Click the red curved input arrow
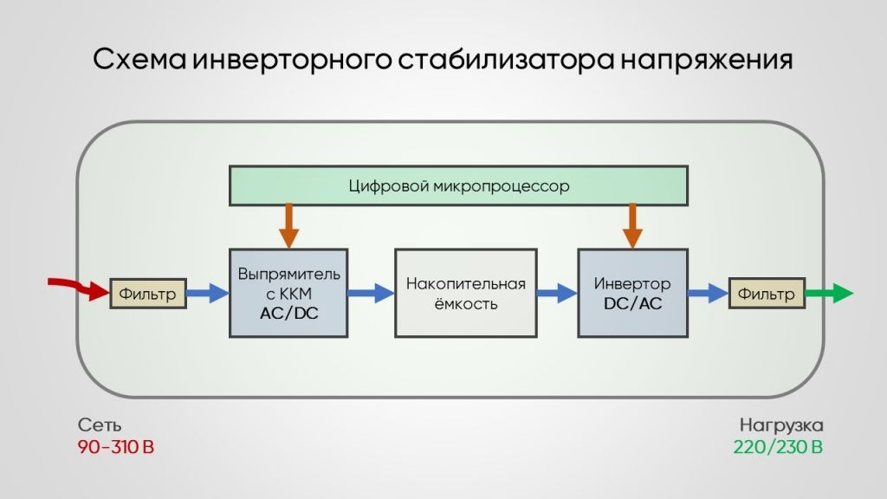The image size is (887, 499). pyautogui.click(x=79, y=287)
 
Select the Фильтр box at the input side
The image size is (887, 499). pyautogui.click(x=147, y=293)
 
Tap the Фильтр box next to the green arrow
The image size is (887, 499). pyautogui.click(x=767, y=293)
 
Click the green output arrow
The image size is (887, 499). pyautogui.click(x=829, y=293)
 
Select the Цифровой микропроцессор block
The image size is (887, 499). pyautogui.click(x=458, y=185)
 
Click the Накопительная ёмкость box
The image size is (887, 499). pyautogui.click(x=465, y=293)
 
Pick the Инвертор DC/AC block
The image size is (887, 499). pyautogui.click(x=632, y=293)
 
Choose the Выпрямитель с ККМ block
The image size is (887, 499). pyautogui.click(x=288, y=293)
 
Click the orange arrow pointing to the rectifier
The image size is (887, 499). pyautogui.click(x=289, y=226)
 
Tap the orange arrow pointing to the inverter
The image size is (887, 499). pyautogui.click(x=632, y=226)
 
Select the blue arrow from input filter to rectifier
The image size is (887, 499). pyautogui.click(x=208, y=293)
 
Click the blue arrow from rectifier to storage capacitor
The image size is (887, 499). pyautogui.click(x=371, y=293)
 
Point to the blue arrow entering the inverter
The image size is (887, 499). pyautogui.click(x=557, y=293)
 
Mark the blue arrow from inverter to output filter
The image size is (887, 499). pyautogui.click(x=709, y=293)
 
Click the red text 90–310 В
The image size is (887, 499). pyautogui.click(x=116, y=447)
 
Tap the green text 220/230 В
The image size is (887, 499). pyautogui.click(x=779, y=447)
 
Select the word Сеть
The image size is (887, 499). pyautogui.click(x=100, y=424)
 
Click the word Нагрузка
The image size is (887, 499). pyautogui.click(x=781, y=425)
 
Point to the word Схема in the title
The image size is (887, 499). pyautogui.click(x=139, y=59)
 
